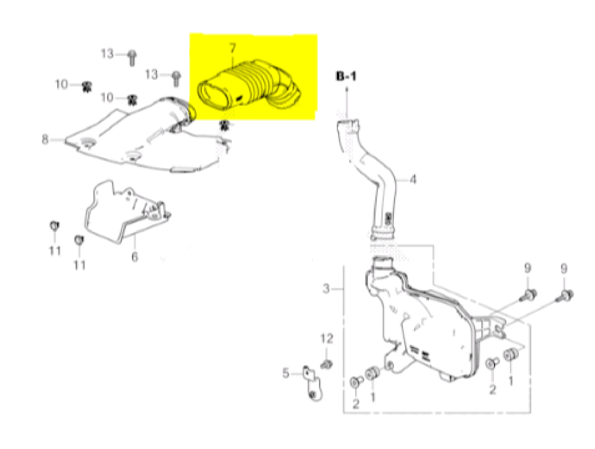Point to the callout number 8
(45, 140)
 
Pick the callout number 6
(134, 257)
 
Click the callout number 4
(412, 179)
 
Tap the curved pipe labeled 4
(375, 172)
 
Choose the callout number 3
(326, 290)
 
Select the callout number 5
(286, 373)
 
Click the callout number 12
(328, 339)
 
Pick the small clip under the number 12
(327, 362)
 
